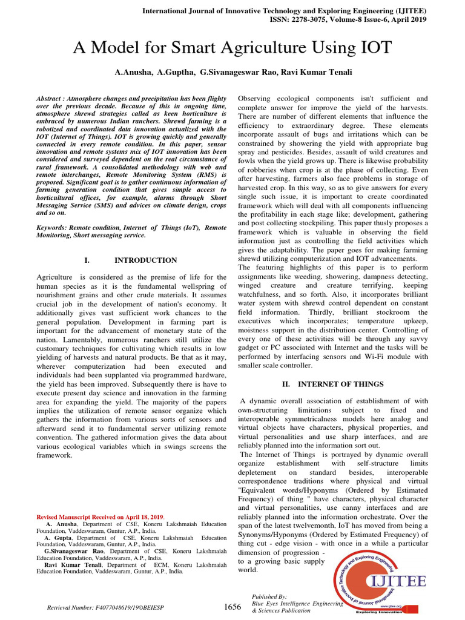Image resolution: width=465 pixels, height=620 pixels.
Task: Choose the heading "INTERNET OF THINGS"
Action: click(x=341, y=384)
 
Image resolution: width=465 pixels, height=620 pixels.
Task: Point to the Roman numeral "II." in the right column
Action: click(x=288, y=384)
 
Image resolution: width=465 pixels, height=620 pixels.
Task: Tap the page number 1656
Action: click(x=232, y=607)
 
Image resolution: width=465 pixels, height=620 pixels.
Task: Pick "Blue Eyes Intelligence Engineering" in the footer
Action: click(x=297, y=604)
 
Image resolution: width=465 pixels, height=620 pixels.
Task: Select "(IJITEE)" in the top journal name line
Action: click(x=411, y=10)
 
